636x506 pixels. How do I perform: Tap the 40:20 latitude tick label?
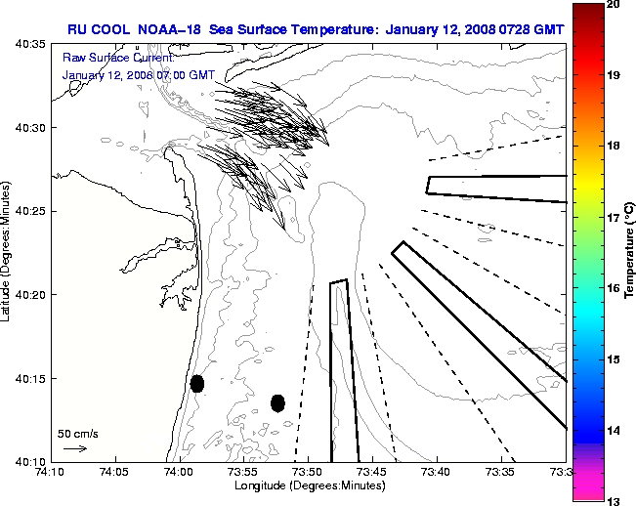click(27, 295)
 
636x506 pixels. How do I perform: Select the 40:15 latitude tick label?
click(27, 378)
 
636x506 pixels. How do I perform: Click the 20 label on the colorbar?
click(612, 4)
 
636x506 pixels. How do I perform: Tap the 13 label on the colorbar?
click(612, 500)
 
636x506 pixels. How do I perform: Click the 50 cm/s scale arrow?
click(75, 448)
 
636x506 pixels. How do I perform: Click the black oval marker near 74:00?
click(197, 383)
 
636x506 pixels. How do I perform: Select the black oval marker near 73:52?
click(277, 402)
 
